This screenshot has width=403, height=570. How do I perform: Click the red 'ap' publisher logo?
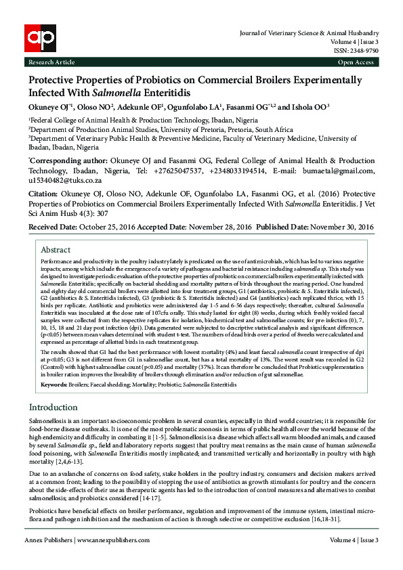click(x=39, y=38)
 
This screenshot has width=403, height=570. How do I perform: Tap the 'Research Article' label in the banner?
click(x=51, y=62)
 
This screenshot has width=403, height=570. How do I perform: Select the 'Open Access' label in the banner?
click(x=356, y=62)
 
